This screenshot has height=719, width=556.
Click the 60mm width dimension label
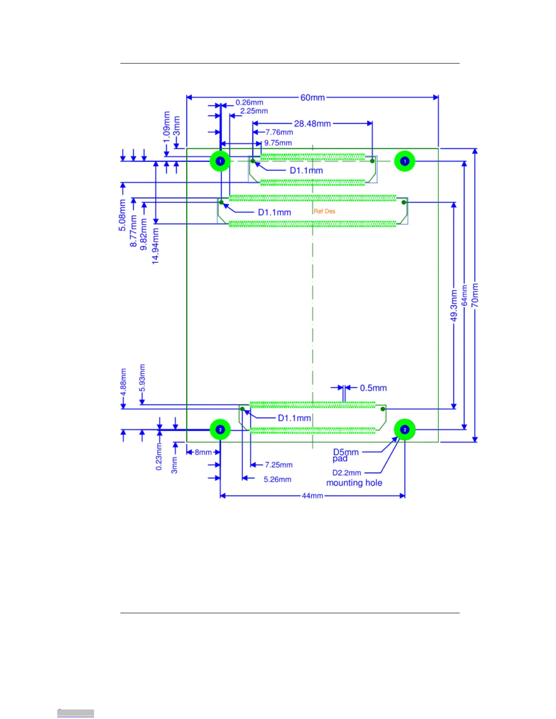coord(313,98)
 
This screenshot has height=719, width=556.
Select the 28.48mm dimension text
coord(312,123)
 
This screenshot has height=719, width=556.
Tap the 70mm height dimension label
coord(475,295)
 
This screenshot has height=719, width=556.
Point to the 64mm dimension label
coord(464,295)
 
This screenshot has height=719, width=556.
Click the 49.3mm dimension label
coord(454,306)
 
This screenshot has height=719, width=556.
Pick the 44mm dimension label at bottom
coord(313,496)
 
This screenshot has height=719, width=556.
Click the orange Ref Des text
coord(324,211)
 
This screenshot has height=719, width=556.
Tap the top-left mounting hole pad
coord(220,161)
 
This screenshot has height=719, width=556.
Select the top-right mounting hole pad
coord(405,161)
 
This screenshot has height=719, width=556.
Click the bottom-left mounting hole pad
coord(220,429)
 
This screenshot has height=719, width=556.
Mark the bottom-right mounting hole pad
coord(405,429)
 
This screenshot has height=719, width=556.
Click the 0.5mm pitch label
coord(373,388)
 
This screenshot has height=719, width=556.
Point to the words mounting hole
coord(354,483)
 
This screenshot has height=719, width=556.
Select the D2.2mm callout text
coord(347,473)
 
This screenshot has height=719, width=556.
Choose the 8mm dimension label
coord(203,452)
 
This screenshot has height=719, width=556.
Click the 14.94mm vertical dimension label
coord(155,246)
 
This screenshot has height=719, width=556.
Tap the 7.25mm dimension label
coord(278,465)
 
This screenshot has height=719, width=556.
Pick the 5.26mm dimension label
coord(278,479)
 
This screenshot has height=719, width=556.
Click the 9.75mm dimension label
coord(278,143)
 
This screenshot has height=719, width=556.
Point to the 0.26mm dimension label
coord(249,103)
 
